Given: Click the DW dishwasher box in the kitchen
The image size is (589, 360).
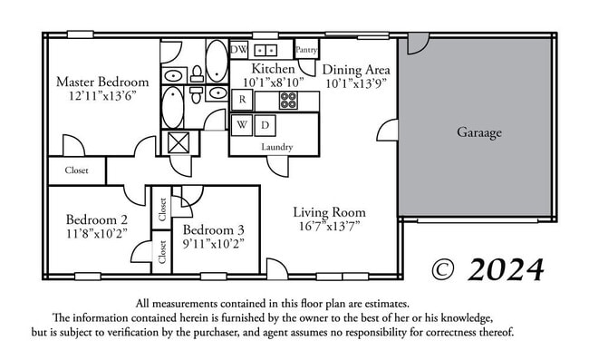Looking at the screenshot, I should pos(240,49).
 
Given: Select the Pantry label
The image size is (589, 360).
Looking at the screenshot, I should pos(306,50).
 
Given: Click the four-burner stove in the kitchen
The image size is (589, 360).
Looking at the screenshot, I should pos(288,100).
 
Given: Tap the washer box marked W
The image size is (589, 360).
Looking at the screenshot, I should pos(242,124).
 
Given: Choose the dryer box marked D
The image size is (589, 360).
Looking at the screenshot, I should pos(265,124).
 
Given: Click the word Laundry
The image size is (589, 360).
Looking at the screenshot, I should pos(276,146).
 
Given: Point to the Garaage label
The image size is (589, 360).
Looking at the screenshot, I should pos(478,132).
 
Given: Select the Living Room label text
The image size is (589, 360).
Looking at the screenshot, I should pos(329,212).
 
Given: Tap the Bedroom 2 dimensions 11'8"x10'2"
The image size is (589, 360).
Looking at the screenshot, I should pos(97,233).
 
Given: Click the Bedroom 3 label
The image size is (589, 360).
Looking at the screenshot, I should pos(214,229).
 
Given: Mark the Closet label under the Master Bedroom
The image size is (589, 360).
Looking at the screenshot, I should pos(76,170).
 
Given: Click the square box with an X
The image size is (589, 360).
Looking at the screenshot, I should pos(175,142).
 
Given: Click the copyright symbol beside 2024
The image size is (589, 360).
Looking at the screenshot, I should pos(442,269).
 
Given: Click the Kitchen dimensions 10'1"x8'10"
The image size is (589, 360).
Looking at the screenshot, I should pos(273,82).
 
